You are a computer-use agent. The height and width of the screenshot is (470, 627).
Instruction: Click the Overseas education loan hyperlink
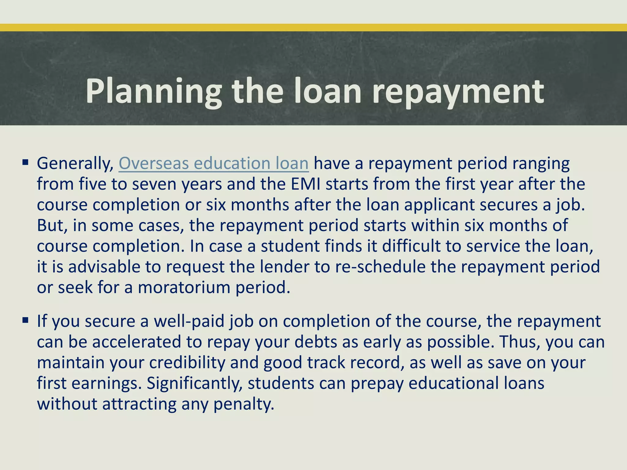coord(213,163)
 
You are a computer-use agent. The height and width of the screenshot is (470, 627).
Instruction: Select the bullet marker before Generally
coord(25,161)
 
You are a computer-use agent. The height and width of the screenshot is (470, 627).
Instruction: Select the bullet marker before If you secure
coord(25,320)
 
